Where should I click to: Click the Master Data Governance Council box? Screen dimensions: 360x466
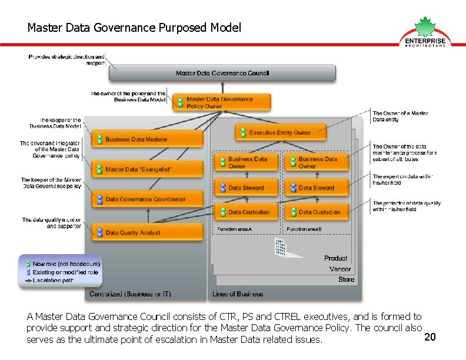222,73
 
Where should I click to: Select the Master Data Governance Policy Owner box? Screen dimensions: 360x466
222,102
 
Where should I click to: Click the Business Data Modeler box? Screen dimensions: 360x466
147,139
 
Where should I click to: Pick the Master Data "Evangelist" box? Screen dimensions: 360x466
147,169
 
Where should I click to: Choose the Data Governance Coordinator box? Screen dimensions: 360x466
147,199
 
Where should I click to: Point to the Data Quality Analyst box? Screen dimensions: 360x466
147,232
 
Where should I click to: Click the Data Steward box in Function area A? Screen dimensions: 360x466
246,188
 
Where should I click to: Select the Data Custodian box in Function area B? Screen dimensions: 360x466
316,212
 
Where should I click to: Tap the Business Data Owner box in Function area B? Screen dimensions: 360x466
316,162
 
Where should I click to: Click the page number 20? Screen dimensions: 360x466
430,337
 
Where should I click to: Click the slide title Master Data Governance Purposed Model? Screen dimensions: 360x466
134,28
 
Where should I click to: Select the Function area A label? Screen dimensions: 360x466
234,228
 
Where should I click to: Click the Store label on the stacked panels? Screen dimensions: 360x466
346,279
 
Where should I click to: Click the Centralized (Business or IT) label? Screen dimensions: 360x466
130,294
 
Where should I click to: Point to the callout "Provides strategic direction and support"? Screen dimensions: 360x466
71,59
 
